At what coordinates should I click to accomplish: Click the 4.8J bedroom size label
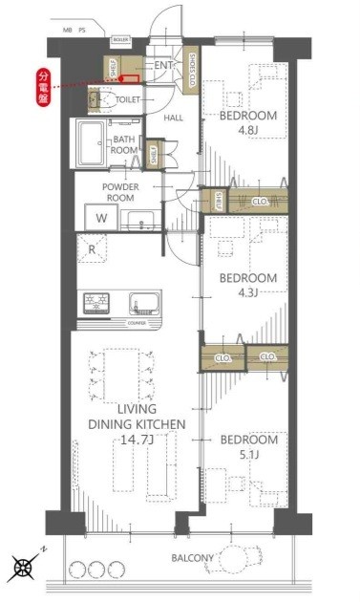248,132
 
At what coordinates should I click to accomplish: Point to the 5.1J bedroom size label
248,456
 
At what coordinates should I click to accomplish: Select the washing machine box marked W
101,218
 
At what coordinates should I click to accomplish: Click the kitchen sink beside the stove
144,305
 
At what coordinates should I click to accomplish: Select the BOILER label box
120,41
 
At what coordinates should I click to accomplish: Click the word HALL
174,118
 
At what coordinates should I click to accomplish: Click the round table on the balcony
232,559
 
